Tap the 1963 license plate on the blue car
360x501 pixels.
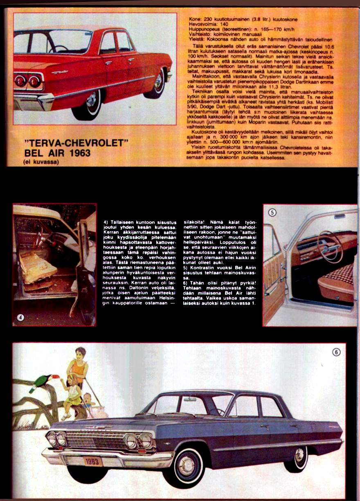[94, 461]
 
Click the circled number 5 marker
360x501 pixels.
[273, 212]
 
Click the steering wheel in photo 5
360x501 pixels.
[330, 247]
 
